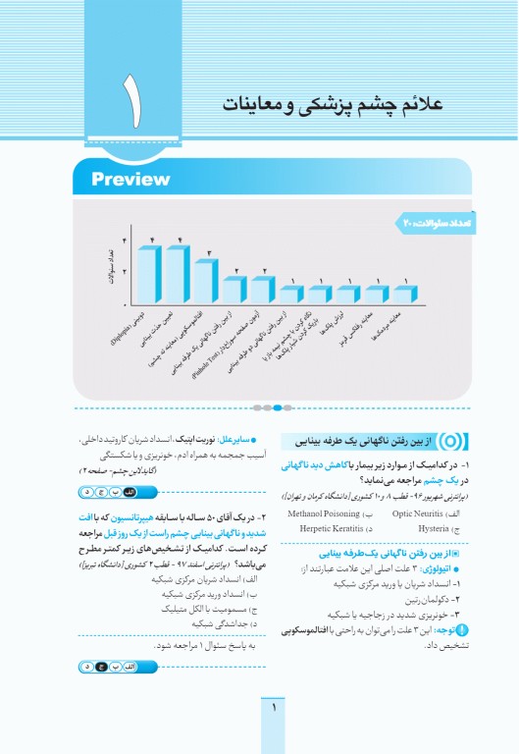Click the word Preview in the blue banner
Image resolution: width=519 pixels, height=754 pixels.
(x=130, y=179)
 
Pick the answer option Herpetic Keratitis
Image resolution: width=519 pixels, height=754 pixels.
(x=326, y=528)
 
